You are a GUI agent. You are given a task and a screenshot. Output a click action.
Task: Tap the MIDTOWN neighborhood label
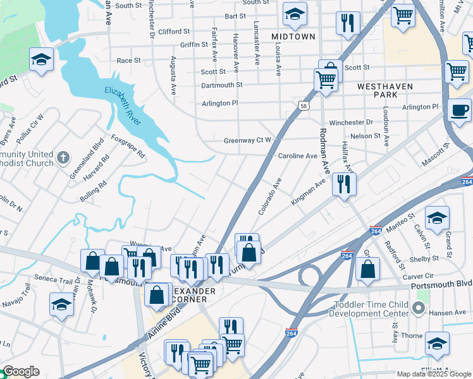[293, 37]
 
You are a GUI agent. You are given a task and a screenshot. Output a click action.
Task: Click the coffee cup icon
[460, 110]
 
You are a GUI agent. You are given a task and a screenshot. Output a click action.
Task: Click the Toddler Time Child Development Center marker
[418, 308]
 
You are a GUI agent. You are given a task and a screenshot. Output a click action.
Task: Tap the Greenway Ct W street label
[247, 140]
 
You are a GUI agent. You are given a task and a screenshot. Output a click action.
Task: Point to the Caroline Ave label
[297, 155]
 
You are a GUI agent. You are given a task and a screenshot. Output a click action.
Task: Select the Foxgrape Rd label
[128, 145]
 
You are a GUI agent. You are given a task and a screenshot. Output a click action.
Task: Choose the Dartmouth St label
[222, 85]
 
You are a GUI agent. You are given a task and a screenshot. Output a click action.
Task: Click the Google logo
[21, 371]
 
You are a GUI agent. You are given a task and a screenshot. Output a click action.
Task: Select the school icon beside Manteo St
[437, 219]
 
